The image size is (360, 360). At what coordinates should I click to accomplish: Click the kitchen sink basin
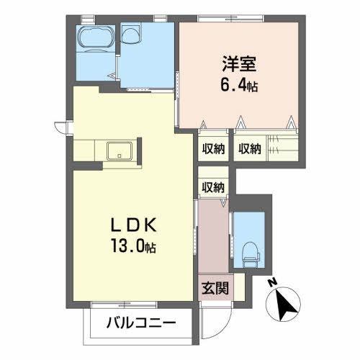[117, 151]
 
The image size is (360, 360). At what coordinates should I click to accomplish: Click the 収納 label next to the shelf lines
[250, 148]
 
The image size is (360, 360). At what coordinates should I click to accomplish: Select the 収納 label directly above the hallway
[213, 187]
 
